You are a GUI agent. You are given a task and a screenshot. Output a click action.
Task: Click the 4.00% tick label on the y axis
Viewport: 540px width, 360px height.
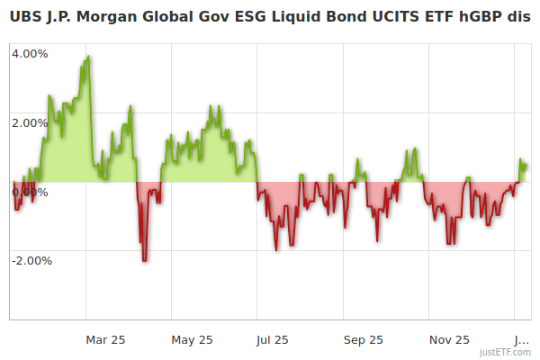point(30,53)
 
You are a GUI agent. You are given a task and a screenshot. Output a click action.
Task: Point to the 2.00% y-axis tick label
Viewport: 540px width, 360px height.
point(30,122)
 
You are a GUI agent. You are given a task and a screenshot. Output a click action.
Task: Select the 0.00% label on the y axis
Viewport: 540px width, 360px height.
point(30,192)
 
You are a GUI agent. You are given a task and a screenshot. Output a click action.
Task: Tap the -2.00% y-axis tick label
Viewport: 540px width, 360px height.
point(31,261)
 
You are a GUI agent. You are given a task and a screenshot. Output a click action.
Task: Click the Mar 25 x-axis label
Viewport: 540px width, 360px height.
point(105,339)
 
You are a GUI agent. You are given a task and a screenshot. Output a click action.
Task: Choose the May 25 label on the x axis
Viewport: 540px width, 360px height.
point(192,339)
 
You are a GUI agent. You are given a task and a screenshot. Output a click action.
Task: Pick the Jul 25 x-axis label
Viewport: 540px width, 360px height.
point(273,339)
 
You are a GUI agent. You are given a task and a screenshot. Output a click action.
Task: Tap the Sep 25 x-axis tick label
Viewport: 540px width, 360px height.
point(364,339)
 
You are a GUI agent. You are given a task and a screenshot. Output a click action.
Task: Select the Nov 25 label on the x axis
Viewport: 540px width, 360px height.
point(449,339)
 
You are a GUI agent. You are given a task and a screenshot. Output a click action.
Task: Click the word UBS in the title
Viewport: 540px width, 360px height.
point(24,17)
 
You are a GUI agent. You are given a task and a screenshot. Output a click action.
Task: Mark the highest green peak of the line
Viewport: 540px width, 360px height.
point(88,57)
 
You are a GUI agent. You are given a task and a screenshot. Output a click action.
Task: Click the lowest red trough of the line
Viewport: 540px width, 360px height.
point(144,260)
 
